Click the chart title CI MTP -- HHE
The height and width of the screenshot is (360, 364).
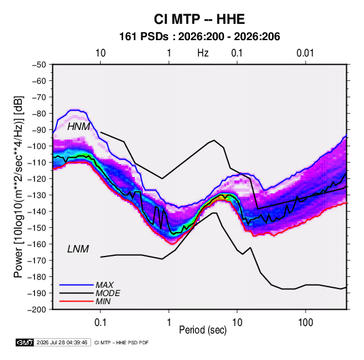tap(199, 19)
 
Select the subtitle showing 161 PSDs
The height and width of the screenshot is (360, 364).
tap(199, 37)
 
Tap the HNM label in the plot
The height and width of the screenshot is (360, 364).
tap(79, 127)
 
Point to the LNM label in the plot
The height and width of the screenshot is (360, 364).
tap(78, 249)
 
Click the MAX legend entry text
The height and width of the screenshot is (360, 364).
tap(105, 285)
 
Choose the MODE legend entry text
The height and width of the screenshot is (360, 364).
tap(108, 293)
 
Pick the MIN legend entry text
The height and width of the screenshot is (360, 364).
tap(103, 301)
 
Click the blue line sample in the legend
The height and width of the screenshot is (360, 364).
tap(76, 285)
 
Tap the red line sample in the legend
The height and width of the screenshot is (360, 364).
tap(76, 301)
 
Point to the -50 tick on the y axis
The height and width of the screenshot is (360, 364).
tap(39, 65)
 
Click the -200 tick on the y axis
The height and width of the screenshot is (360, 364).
tap(37, 310)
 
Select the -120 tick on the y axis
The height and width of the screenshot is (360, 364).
tap(37, 179)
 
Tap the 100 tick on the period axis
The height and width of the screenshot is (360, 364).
tap(305, 323)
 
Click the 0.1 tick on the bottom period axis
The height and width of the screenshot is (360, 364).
tap(100, 323)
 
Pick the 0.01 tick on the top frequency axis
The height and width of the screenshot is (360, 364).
tap(305, 53)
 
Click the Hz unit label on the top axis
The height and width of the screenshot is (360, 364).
tap(203, 53)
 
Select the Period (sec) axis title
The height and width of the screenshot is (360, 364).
tap(203, 330)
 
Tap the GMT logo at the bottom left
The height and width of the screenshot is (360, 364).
tap(25, 342)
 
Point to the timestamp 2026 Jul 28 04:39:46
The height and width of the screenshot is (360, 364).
tap(62, 342)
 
